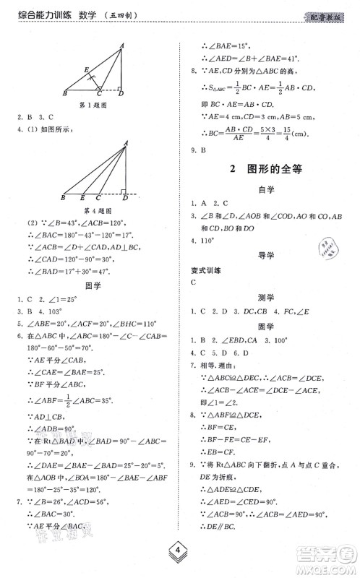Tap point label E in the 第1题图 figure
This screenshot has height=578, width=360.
coord(85,70)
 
